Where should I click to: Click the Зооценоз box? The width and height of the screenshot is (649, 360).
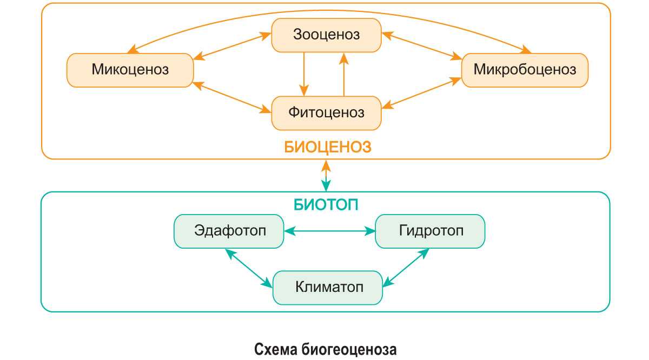[326, 35]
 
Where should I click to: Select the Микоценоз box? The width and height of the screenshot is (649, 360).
[130, 70]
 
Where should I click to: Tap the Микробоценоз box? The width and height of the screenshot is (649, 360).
[524, 70]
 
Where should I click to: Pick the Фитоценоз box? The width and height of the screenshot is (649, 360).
[326, 113]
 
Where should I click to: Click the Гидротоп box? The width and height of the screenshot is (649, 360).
[431, 231]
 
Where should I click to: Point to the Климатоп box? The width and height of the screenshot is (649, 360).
[328, 286]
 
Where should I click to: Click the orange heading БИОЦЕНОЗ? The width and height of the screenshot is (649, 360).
[328, 147]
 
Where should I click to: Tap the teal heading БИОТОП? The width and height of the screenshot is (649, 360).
[327, 205]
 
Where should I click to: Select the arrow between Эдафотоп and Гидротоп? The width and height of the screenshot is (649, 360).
[329, 231]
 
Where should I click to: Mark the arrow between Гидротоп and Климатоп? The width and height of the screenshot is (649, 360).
[406, 266]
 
